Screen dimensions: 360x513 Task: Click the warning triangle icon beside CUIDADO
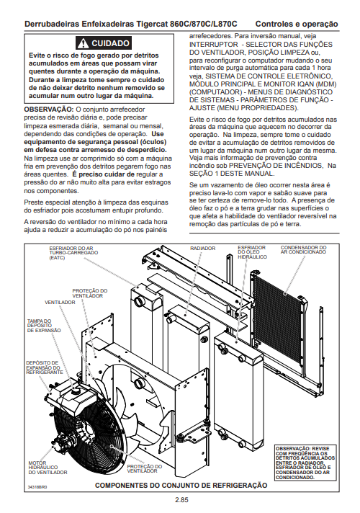coord(84,43)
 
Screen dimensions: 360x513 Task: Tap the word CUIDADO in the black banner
coord(110,43)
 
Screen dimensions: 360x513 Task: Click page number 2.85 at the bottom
coord(181,500)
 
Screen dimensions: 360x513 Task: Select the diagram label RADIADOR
coord(203,249)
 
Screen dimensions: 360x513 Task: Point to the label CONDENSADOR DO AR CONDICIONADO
coord(303,249)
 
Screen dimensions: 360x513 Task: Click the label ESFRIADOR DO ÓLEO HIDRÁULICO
coord(252,252)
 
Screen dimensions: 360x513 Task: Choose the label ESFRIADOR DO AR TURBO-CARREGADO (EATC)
coord(73,253)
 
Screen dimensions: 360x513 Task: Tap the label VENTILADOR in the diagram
coord(60,303)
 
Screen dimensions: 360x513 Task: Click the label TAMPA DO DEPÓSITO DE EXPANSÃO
coord(44,326)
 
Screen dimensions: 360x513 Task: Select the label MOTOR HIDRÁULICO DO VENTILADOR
coord(48,468)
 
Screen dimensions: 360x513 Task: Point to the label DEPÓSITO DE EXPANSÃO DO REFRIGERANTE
coord(45,367)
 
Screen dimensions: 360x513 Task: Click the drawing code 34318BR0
coord(37,487)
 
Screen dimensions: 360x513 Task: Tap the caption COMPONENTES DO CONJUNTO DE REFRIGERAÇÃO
coord(181,485)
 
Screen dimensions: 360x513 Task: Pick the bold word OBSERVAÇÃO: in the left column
coord(49,110)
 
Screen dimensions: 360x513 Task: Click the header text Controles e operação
coord(297,24)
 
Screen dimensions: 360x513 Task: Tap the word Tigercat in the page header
coord(153,24)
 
